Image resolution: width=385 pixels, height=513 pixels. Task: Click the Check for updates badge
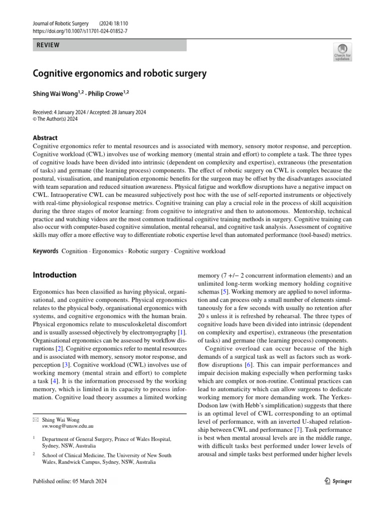coord(342,52)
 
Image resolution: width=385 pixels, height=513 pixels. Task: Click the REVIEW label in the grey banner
coord(48,45)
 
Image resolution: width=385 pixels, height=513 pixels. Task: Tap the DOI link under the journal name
coord(79,31)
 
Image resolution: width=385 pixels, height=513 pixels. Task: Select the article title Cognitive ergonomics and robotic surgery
coord(119,74)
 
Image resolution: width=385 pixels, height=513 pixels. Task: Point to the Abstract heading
coord(45,138)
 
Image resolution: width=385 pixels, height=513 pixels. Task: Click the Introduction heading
coord(55,275)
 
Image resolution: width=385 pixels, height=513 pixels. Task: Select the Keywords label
coord(46,251)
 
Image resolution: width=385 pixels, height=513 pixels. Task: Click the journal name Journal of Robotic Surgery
coord(60,24)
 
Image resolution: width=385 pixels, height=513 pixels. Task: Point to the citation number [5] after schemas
coord(226,291)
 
